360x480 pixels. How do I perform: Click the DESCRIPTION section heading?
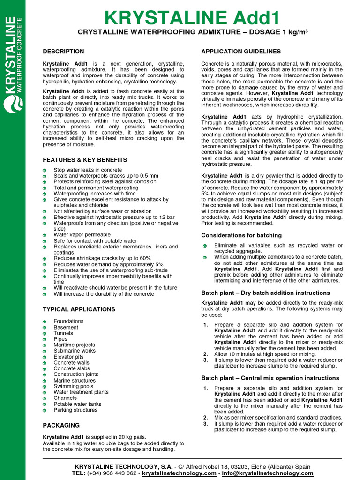[63, 52]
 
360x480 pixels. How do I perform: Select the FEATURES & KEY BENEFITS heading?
[85, 160]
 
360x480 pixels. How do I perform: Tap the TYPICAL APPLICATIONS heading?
[79, 309]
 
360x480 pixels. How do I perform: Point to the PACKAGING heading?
[61, 425]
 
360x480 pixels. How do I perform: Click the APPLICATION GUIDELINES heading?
[241, 52]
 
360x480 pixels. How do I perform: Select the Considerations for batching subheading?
[241, 235]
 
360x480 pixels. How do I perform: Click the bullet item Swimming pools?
[73, 386]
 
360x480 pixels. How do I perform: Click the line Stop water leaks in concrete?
[88, 170]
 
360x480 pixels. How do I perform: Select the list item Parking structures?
[75, 410]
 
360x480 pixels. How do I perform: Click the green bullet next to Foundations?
[44, 322]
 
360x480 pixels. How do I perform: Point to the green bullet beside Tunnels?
[44, 333]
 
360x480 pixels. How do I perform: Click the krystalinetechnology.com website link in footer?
[179, 473]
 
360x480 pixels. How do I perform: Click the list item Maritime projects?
[74, 345]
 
